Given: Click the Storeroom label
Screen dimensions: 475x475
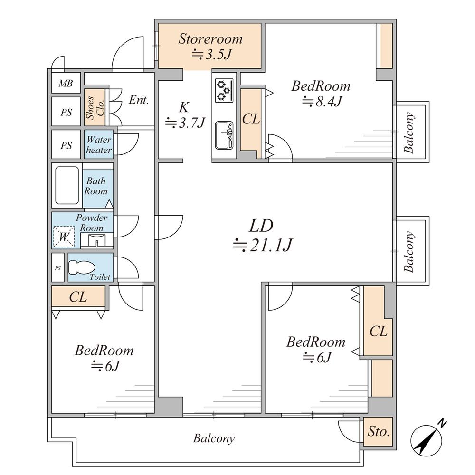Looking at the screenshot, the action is (210, 39).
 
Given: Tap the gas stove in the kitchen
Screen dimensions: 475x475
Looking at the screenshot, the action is (224, 90).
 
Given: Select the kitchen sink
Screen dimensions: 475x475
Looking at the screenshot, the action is (224, 135).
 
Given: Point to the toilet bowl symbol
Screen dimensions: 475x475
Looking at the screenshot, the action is (82, 267).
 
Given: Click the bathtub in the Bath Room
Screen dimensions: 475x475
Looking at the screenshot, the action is (67, 185).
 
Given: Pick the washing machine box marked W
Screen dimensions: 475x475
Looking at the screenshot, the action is (64, 237).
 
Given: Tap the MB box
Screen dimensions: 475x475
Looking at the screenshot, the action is (66, 83).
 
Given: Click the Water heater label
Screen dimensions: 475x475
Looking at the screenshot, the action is (99, 145).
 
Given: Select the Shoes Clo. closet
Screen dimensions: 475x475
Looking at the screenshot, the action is (95, 107).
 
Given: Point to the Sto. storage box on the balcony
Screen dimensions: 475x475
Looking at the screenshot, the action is (378, 431).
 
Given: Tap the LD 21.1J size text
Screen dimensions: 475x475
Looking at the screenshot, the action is (262, 245).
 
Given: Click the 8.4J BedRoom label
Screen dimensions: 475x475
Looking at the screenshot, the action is (321, 94).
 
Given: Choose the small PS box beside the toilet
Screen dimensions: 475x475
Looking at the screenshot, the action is (58, 268).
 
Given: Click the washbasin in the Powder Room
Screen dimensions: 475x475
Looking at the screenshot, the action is (97, 241).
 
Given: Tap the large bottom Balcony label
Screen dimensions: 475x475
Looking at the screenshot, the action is (214, 438).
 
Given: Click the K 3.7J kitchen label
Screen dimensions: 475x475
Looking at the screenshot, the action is (185, 115).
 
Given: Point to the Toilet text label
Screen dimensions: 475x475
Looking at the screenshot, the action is (100, 277).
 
